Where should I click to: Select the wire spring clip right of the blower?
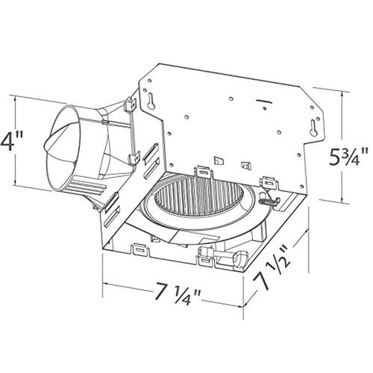[270, 199]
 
